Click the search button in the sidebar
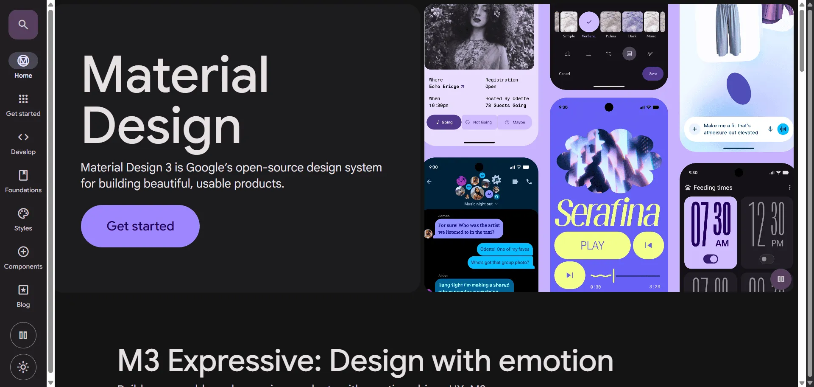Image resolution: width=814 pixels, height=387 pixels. point(23,25)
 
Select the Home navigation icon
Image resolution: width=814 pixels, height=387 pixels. point(23,61)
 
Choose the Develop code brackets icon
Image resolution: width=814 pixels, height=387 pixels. point(23,137)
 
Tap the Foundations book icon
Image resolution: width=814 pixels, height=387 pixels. point(23,175)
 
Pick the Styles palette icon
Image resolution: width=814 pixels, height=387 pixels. point(23,213)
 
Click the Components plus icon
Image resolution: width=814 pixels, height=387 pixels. point(23,252)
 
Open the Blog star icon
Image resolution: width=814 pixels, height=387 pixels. point(23,290)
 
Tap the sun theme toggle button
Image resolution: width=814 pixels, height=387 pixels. point(23,367)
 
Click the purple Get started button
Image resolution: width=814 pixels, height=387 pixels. point(140,226)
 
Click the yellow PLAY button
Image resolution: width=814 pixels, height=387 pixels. point(592,245)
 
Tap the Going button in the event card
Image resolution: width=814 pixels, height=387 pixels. point(444,122)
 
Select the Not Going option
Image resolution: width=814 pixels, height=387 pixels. point(479,122)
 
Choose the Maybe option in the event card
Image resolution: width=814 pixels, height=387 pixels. point(515,122)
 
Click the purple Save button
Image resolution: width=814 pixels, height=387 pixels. point(653,74)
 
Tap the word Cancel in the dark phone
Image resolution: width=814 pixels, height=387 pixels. point(564,74)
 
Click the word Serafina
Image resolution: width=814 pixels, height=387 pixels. point(608,213)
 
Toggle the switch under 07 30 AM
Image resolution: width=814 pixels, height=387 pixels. point(711,259)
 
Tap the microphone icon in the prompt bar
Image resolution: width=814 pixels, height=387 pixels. point(770,129)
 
